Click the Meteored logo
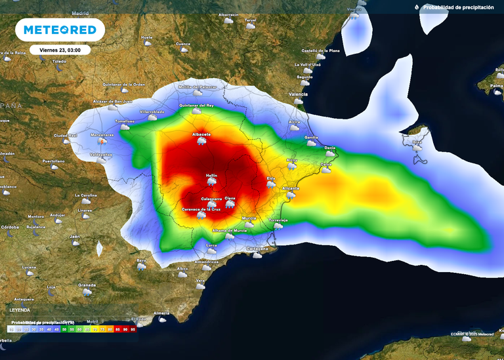point(60,30)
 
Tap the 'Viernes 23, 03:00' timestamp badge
point(60,49)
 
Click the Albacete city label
point(201,134)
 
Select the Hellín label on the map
point(211,175)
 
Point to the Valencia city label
point(298,94)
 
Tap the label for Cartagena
point(257,249)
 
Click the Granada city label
point(87,285)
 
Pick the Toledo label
point(60,61)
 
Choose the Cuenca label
point(183,44)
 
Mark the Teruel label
point(250,20)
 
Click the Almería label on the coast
point(161,313)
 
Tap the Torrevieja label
point(278,220)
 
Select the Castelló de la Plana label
point(320,50)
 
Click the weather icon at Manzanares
point(102,140)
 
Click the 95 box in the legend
point(133,329)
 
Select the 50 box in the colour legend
point(64,329)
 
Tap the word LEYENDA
point(20,309)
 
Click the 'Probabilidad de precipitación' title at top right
point(458,7)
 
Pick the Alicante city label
point(290,188)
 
